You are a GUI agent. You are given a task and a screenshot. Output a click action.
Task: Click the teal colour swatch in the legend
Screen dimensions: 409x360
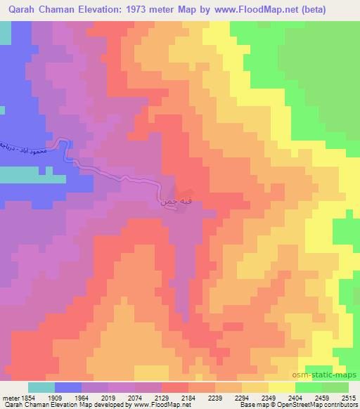(x=41, y=387)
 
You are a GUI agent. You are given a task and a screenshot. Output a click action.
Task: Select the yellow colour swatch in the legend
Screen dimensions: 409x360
(x=282, y=387)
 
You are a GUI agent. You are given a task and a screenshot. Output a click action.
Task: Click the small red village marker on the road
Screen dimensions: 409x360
(x=180, y=192)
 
